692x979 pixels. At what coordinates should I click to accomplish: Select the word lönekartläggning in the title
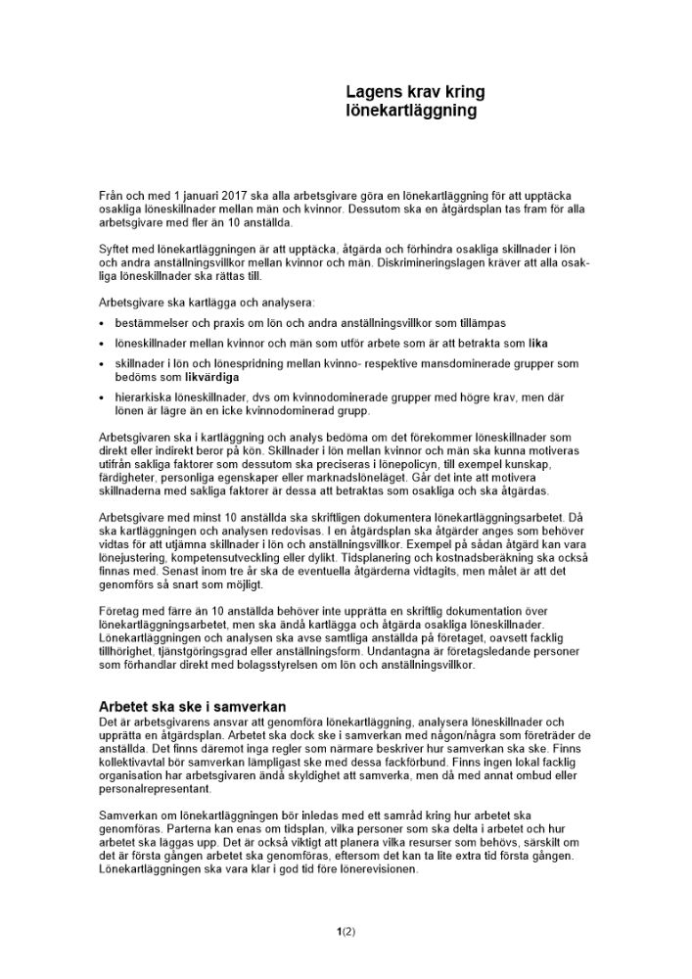[x=411, y=111]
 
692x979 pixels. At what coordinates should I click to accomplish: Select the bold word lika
[x=538, y=344]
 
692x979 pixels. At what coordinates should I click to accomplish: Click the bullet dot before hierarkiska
[x=103, y=398]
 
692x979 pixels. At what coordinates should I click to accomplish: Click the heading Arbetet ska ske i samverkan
[x=192, y=706]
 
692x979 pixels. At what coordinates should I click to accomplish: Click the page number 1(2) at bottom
[x=346, y=931]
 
